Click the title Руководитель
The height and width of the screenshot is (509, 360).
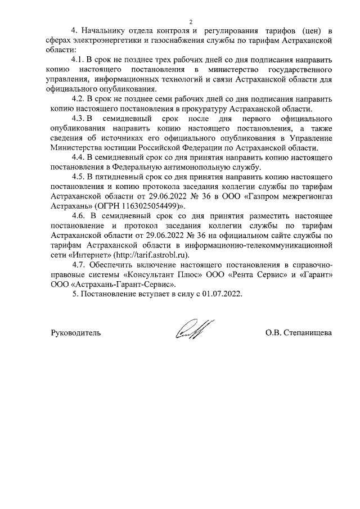(76, 332)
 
